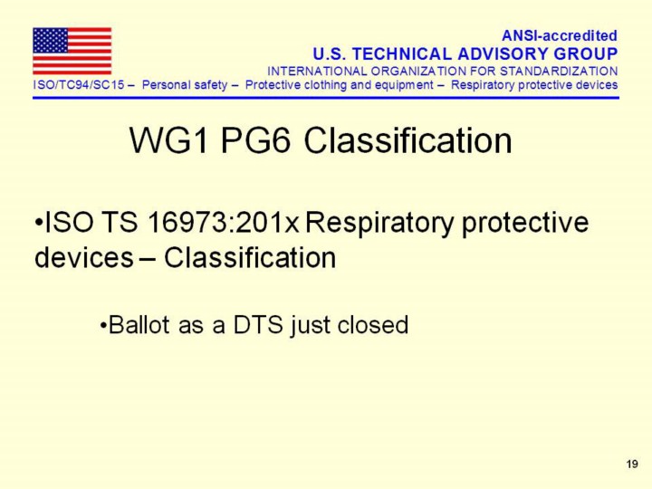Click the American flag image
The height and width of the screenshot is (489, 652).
click(x=72, y=51)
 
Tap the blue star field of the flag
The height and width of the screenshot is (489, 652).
click(x=51, y=41)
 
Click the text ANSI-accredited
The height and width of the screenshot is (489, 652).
click(x=560, y=35)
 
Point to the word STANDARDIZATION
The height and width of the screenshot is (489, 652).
click(x=559, y=72)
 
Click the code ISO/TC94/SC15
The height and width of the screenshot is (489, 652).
click(x=79, y=85)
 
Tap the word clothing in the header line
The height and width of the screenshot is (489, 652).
click(x=326, y=85)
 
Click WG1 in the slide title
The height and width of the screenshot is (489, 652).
click(x=168, y=140)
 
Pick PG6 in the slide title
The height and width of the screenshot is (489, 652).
click(x=254, y=140)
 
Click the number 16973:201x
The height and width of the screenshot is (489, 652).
click(x=224, y=222)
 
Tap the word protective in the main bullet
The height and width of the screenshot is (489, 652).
click(x=525, y=224)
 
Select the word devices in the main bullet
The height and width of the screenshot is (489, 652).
click(x=84, y=258)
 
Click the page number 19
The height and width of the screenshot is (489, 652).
click(x=632, y=464)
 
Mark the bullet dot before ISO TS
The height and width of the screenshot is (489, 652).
click(x=39, y=223)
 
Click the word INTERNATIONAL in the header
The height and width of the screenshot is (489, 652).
click(x=317, y=72)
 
